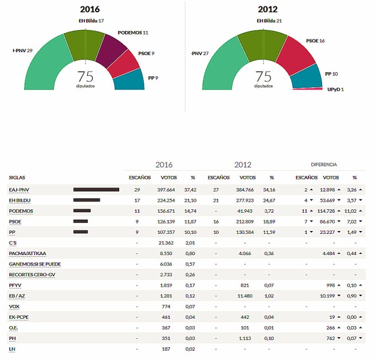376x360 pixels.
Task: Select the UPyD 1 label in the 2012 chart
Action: click(x=335, y=89)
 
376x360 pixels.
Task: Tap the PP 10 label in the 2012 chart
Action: click(x=331, y=73)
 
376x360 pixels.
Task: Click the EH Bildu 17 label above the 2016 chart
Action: click(x=91, y=21)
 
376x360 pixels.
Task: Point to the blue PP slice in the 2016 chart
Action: click(x=127, y=80)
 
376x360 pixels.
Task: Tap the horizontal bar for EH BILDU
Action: click(x=87, y=200)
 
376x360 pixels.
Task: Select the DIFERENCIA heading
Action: click(x=324, y=165)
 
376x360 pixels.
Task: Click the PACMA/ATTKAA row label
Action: click(x=27, y=253)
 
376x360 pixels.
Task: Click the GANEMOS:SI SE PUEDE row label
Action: click(x=35, y=264)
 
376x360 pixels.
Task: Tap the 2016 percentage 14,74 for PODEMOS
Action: click(x=190, y=211)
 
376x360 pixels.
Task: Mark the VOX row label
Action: click(x=14, y=306)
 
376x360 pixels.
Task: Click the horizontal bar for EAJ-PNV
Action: click(x=96, y=190)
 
